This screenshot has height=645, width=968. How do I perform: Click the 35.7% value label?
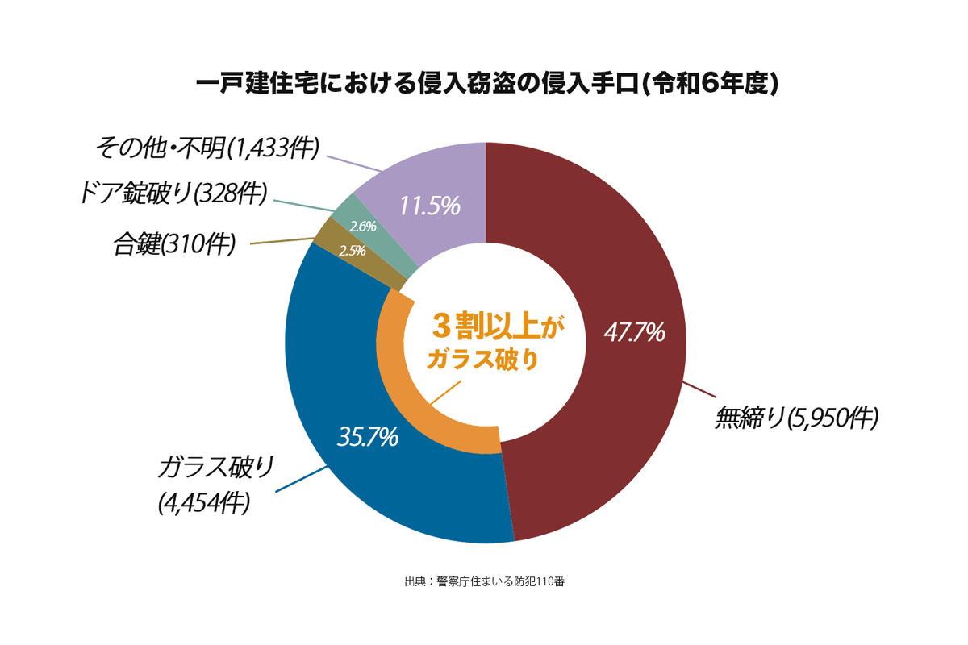pyautogui.click(x=367, y=437)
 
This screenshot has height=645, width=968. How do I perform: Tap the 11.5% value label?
pyautogui.click(x=429, y=206)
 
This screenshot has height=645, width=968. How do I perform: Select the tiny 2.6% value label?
pyautogui.click(x=363, y=227)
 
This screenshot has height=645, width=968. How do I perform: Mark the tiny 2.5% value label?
pyautogui.click(x=352, y=251)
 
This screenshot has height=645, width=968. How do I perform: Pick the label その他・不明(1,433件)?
pyautogui.click(x=207, y=148)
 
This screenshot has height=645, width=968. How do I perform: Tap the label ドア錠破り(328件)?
pyautogui.click(x=173, y=193)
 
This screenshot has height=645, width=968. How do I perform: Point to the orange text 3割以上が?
pyautogui.click(x=493, y=327)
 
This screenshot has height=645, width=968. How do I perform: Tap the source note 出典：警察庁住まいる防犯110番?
pyautogui.click(x=484, y=581)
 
